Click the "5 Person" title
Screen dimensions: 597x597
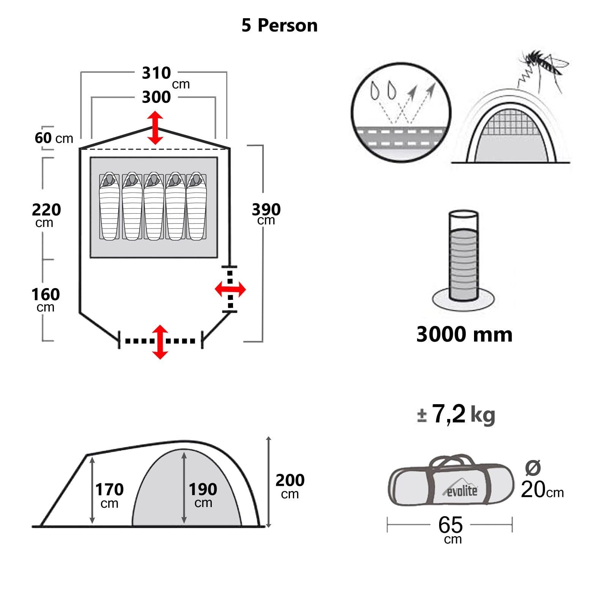279,26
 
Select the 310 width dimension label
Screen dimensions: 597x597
156,73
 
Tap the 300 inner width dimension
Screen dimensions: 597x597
156,97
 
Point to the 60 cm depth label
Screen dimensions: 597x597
54,138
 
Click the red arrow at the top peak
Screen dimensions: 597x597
155,128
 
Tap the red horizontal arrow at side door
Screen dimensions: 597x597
230,290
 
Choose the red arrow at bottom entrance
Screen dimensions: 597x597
160,342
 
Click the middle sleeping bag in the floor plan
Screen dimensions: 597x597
154,207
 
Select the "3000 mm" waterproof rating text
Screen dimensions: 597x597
464,334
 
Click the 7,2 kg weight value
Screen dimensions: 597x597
455,414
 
